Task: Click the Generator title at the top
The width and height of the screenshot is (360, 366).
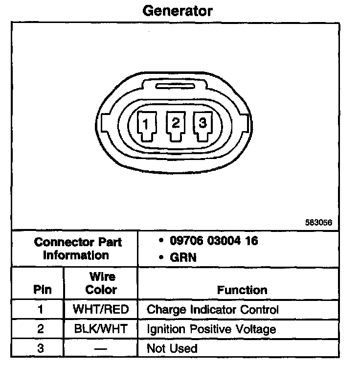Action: (x=178, y=10)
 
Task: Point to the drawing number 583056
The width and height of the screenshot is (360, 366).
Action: (x=318, y=222)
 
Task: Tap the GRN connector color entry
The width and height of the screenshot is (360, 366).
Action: (x=183, y=257)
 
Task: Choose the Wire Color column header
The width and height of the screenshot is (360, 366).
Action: (x=101, y=283)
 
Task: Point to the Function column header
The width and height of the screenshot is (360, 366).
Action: (x=242, y=290)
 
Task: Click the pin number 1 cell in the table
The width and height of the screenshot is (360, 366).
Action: (x=41, y=310)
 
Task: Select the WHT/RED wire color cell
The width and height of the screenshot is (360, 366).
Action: (x=101, y=310)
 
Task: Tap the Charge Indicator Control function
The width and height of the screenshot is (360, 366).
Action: (x=212, y=310)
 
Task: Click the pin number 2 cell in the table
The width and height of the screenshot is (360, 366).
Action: (x=41, y=329)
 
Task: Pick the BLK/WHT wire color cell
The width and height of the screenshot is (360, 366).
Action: (x=101, y=329)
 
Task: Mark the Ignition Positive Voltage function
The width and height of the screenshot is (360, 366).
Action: (x=211, y=329)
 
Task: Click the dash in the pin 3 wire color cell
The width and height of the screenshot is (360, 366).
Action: (x=101, y=349)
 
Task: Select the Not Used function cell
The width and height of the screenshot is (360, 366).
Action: (x=172, y=349)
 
